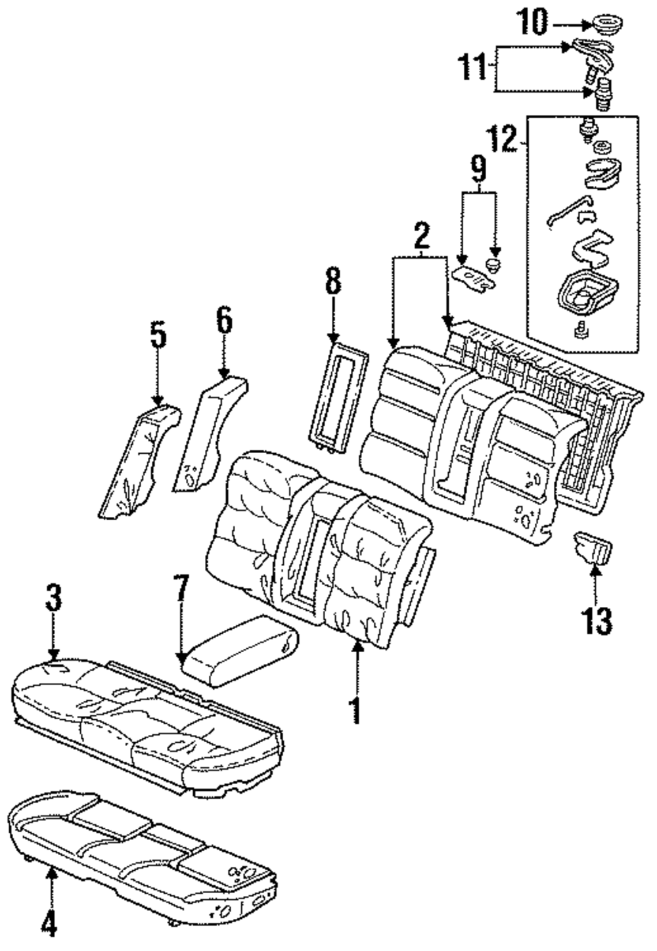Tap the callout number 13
click(599, 621)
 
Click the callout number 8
click(333, 280)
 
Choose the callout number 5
click(158, 336)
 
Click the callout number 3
click(53, 598)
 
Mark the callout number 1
click(356, 710)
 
